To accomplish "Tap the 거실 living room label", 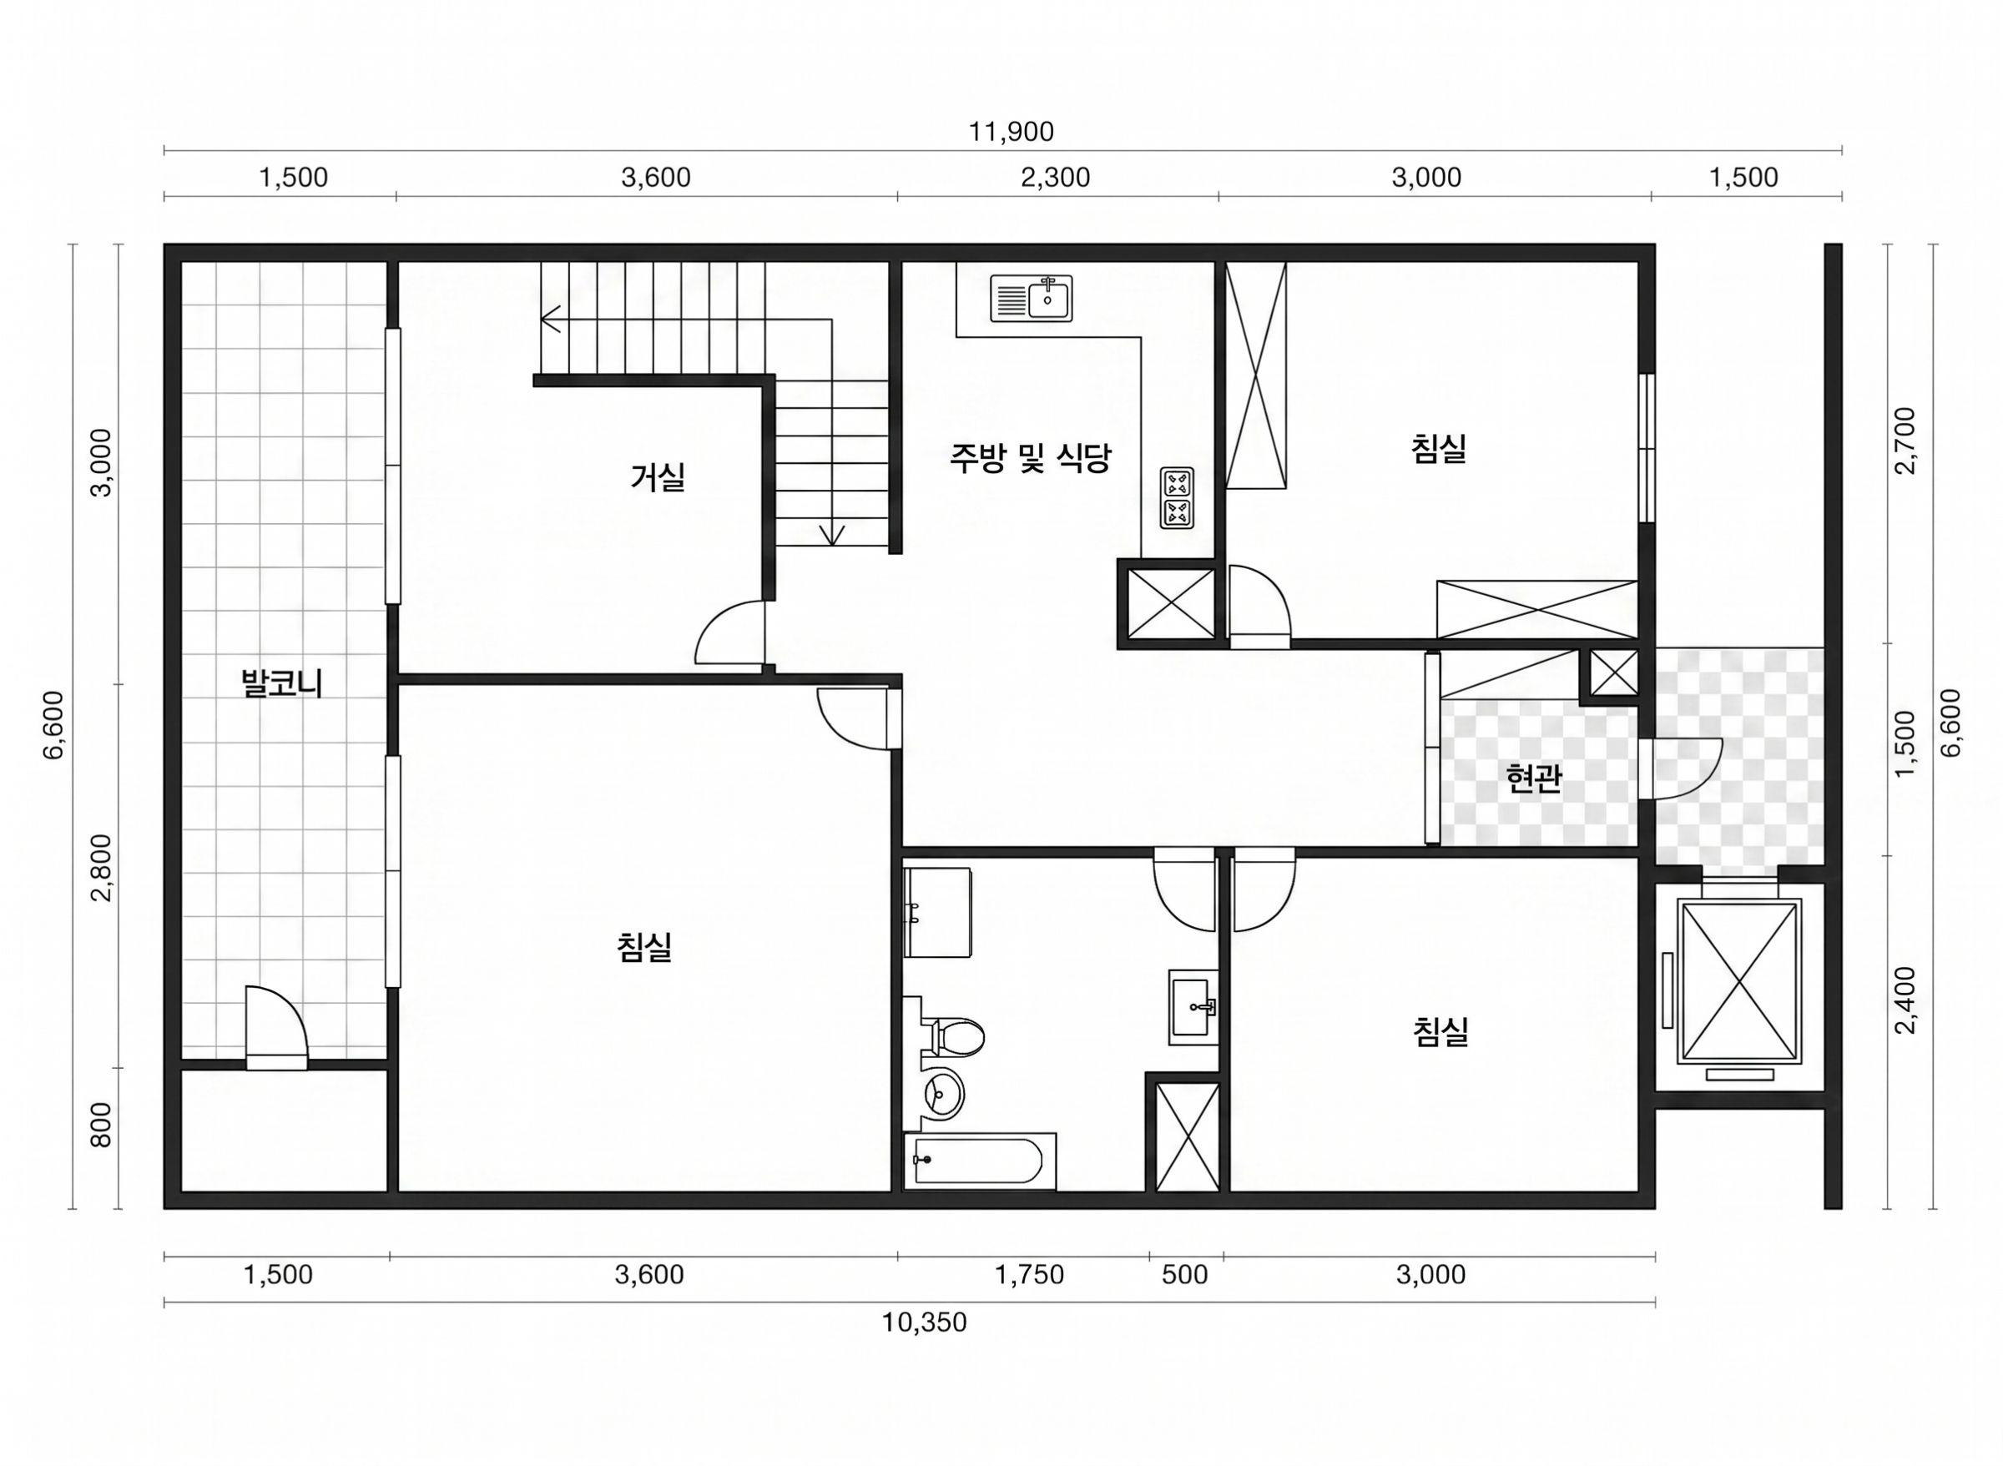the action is click(x=658, y=477).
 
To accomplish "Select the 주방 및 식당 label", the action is click(x=1031, y=458).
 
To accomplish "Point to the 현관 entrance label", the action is click(x=1533, y=778).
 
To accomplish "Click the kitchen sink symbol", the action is click(x=1032, y=298).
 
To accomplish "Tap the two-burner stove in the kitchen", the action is click(x=1177, y=498).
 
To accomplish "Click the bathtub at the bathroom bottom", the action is click(x=980, y=1161).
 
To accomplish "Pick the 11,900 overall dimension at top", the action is click(x=1011, y=132).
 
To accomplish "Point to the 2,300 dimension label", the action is click(x=1055, y=179).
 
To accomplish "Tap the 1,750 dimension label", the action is click(x=1029, y=1275).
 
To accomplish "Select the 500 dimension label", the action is click(x=1185, y=1275).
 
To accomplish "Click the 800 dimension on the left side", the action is click(x=102, y=1126).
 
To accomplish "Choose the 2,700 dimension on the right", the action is click(x=1905, y=441).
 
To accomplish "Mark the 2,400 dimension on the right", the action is click(x=1905, y=1000).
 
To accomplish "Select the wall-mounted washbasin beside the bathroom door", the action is click(x=1193, y=1007).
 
